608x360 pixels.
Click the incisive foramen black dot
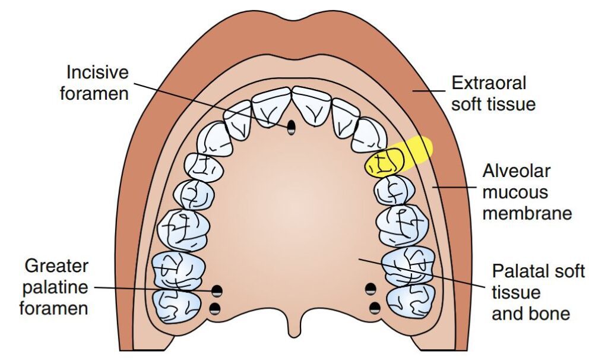pos(291,127)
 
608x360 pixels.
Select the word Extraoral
pos(489,83)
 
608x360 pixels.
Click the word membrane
pos(527,213)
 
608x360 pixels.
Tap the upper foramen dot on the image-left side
pos(217,290)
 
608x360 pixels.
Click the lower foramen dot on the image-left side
pos(216,308)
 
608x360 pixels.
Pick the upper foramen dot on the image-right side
pos(371,290)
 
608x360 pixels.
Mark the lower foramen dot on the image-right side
pos(375,308)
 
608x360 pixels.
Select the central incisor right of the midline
pos(312,105)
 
